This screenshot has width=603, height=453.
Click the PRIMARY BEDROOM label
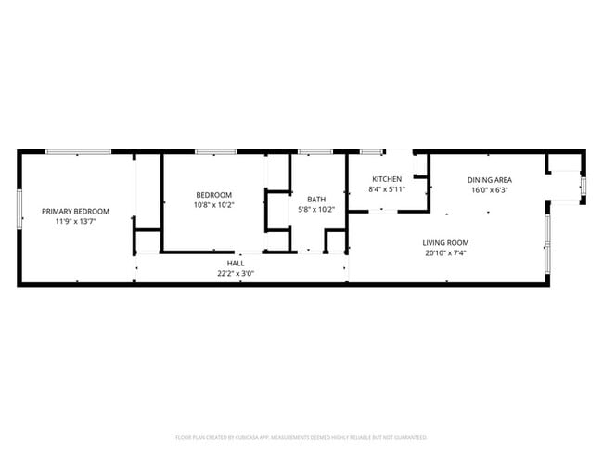tap(76, 211)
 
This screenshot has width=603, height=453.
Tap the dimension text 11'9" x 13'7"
tap(76, 221)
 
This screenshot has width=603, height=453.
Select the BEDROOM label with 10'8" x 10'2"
tap(214, 194)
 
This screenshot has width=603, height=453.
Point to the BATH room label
tap(317, 199)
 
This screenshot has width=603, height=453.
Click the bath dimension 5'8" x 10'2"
tap(317, 209)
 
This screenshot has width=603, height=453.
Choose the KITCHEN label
tap(387, 179)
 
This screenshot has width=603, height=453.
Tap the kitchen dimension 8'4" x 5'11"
tap(387, 189)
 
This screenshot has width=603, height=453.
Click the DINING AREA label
tap(490, 180)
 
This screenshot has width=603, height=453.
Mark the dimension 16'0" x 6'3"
tap(490, 190)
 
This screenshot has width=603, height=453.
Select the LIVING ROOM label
tap(446, 242)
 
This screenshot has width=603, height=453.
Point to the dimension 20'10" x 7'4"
tap(446, 252)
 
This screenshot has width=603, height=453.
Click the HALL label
tap(236, 264)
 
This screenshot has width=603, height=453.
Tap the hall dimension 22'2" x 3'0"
tap(236, 274)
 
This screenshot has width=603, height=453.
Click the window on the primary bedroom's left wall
tap(19, 208)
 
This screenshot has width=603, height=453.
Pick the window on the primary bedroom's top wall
tap(79, 151)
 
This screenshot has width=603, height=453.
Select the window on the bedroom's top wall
tap(215, 151)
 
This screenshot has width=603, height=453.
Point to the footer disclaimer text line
tap(301, 436)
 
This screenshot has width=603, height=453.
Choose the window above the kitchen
tap(372, 151)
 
